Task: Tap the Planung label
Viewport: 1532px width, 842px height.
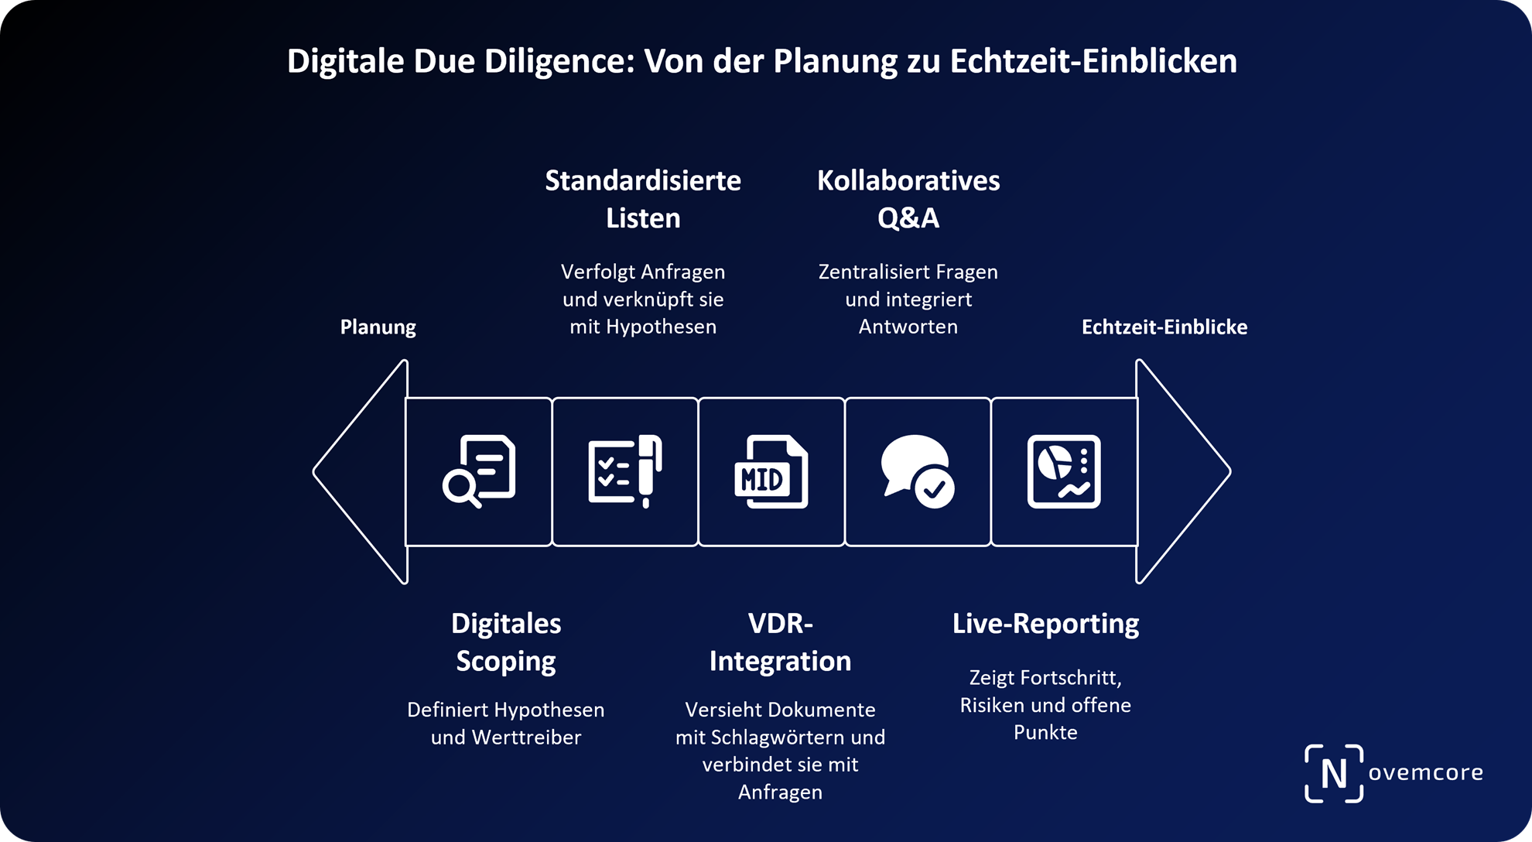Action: coord(378,327)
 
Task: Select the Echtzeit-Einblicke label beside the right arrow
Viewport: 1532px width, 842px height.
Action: coord(1164,327)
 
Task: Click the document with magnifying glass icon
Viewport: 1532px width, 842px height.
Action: coord(479,471)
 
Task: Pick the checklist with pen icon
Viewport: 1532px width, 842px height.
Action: coord(625,471)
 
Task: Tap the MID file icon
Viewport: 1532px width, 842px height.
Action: coord(771,471)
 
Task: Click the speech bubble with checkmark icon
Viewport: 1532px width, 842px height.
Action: coord(918,471)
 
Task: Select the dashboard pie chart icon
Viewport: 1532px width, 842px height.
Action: coord(1064,471)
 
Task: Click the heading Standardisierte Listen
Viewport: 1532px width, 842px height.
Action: coord(643,199)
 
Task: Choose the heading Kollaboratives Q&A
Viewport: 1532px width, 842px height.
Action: coord(908,199)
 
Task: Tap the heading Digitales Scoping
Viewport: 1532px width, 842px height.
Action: coord(506,642)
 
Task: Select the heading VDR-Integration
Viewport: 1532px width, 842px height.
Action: coord(780,642)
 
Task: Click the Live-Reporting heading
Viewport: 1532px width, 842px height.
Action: coord(1045,624)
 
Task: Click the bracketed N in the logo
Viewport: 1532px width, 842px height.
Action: coord(1334,773)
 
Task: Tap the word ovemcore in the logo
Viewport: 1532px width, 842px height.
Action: coord(1425,772)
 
